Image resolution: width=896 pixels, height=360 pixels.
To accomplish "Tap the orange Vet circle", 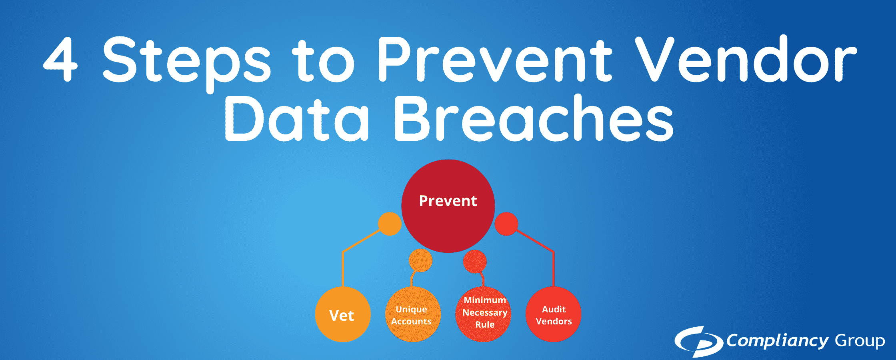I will click(x=342, y=315).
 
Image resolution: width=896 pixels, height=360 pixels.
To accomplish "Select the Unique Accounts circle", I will click(x=412, y=315).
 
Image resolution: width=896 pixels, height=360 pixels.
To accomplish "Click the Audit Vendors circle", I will click(x=553, y=315).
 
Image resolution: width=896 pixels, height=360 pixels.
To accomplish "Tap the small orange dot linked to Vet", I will click(x=390, y=224).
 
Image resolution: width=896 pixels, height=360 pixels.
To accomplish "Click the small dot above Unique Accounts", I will click(x=420, y=260).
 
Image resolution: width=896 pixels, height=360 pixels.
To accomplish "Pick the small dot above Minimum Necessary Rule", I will click(x=475, y=261).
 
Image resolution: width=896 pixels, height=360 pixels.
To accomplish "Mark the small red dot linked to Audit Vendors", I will click(x=506, y=224).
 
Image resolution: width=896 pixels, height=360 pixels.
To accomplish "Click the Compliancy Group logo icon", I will click(x=698, y=341).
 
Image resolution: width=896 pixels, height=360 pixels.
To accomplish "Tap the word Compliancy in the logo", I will click(x=777, y=341).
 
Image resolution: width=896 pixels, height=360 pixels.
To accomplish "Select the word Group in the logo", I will click(x=859, y=341).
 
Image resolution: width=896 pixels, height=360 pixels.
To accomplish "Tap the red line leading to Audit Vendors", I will click(x=553, y=268).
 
